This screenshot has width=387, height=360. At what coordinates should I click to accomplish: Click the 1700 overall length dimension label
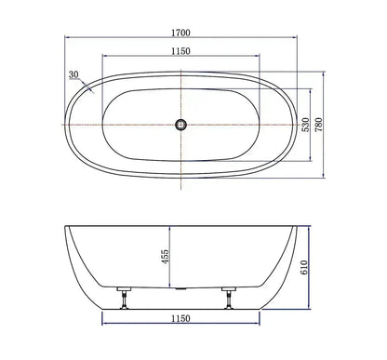(180, 33)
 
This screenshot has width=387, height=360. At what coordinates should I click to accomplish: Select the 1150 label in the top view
(180, 51)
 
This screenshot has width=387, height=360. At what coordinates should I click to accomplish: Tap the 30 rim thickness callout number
(73, 74)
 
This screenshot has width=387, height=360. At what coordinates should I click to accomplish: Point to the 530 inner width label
(306, 125)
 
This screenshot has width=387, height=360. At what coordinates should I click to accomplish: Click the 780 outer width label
(318, 125)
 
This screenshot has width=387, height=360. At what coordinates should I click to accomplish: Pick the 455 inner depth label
(165, 257)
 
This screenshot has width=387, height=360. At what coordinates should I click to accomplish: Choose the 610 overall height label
(304, 267)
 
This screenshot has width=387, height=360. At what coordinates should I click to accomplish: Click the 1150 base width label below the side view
(180, 318)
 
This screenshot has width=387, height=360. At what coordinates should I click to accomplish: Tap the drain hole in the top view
(180, 125)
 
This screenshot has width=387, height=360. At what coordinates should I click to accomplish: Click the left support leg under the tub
(125, 299)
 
